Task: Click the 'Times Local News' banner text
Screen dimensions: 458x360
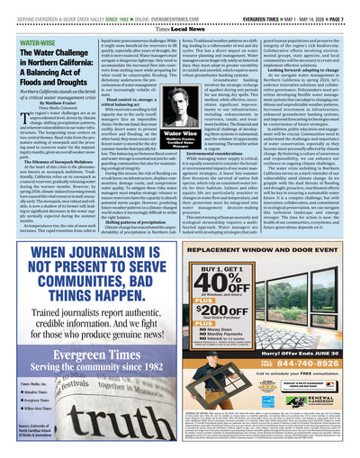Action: click(x=179, y=16)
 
